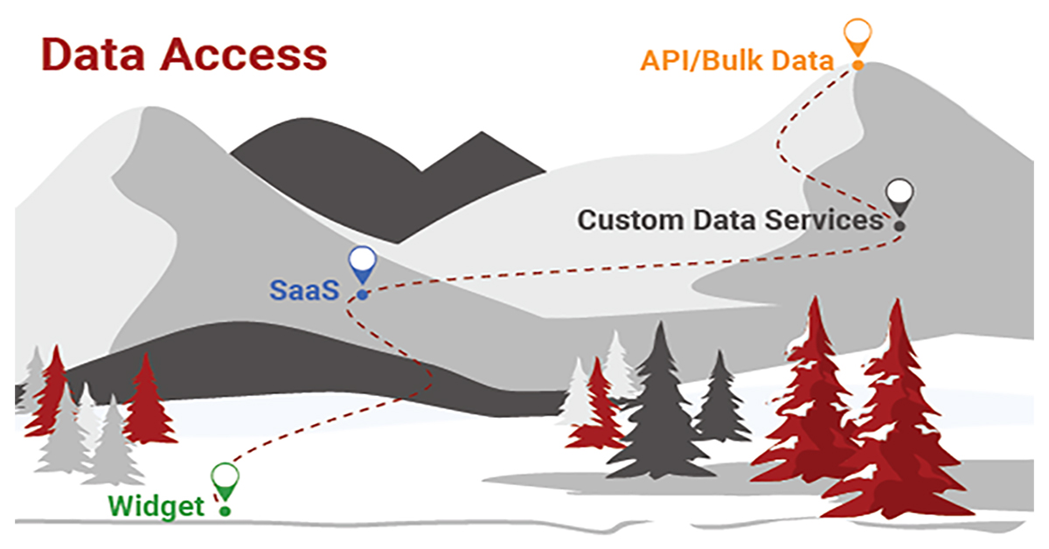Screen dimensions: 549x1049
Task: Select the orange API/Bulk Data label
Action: [737, 61]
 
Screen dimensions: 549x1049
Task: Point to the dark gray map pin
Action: [899, 196]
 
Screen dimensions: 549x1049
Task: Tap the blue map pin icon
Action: [362, 262]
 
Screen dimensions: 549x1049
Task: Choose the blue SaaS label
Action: [302, 289]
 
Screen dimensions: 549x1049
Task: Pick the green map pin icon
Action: [225, 477]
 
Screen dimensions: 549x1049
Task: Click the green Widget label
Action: [156, 505]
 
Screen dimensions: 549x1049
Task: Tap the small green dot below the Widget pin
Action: [225, 510]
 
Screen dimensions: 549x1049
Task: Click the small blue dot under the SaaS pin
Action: [362, 295]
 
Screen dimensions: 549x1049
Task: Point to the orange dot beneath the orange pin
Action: [858, 65]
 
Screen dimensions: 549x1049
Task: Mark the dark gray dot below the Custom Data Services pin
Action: [899, 226]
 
